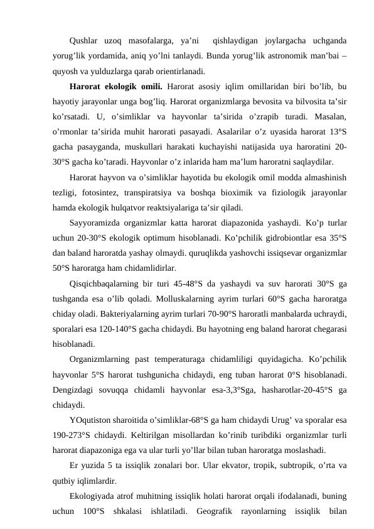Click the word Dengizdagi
73,390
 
